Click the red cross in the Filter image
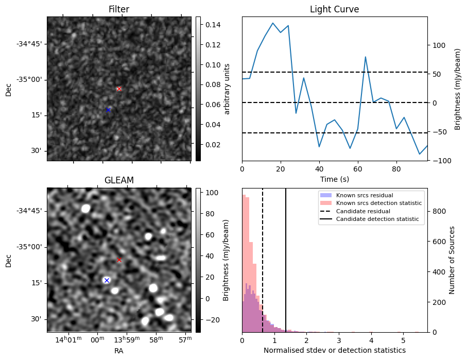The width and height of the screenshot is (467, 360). click(x=119, y=89)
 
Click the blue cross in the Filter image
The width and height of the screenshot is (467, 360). click(x=108, y=110)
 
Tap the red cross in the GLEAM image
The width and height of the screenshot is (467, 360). click(x=119, y=260)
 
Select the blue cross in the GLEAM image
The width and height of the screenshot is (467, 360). click(x=107, y=280)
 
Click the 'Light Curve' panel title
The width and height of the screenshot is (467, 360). click(x=334, y=9)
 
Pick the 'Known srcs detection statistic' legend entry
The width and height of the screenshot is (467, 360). click(x=379, y=203)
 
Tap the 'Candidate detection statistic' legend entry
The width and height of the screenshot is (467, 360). click(x=377, y=219)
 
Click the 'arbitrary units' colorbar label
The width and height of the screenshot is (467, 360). click(x=227, y=89)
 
